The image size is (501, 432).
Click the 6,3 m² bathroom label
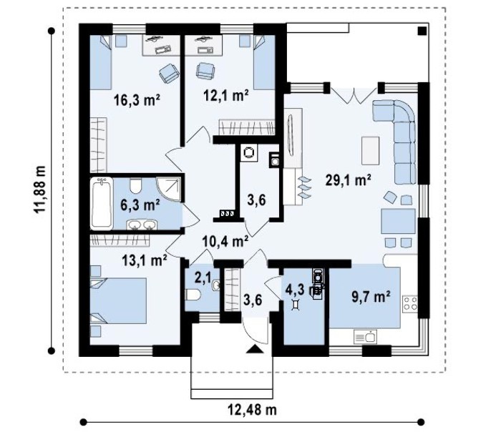140,205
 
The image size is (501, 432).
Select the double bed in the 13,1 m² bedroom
117,300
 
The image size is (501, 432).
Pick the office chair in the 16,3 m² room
169,72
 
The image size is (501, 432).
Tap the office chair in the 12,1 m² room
205,71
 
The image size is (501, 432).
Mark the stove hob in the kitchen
411,303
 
